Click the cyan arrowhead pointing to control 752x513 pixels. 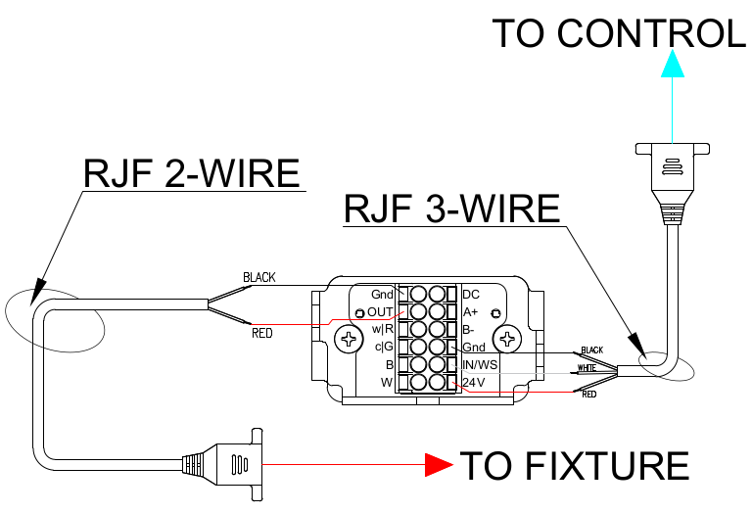673,64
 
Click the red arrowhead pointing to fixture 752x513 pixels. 439,465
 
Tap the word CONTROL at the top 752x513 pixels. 651,33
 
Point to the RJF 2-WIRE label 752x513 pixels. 192,172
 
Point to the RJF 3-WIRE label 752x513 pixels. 451,209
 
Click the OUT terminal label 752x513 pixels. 380,312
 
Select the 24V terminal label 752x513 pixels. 474,383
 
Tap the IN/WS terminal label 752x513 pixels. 480,365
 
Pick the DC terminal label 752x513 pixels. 471,295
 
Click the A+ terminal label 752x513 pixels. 470,312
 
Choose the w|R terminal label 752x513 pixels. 383,329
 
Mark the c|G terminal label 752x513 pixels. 384,347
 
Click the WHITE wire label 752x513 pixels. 587,368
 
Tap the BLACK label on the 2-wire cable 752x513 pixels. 259,278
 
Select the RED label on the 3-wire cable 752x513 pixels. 588,395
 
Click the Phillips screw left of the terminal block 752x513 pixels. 349,340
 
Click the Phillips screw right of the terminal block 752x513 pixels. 507,340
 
